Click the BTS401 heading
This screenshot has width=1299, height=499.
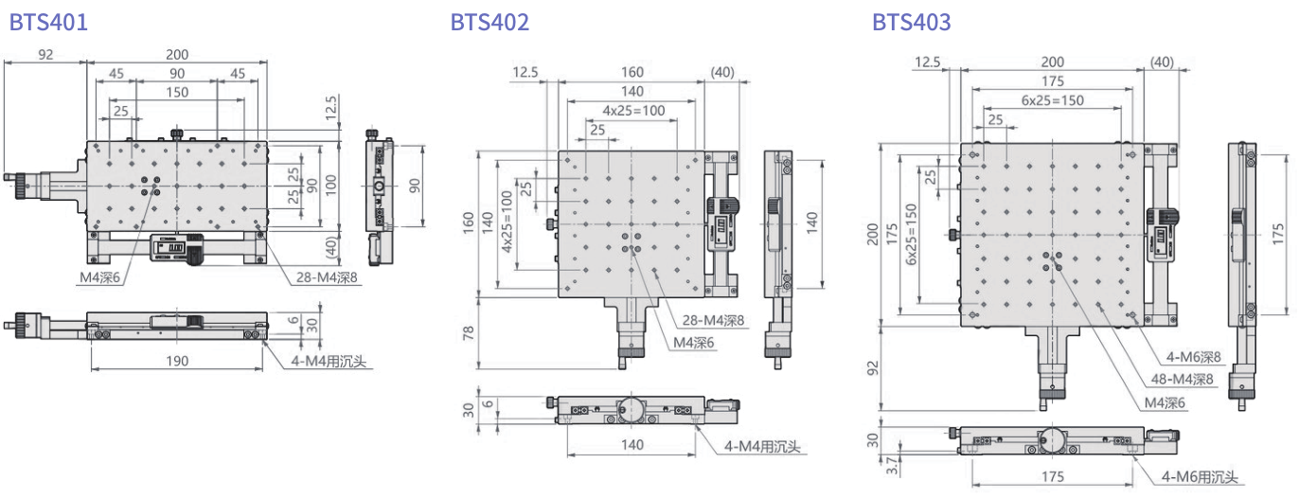48,22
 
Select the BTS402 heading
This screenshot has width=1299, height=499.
489,22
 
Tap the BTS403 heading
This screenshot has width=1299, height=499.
911,22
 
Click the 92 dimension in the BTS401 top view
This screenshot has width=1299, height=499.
45,55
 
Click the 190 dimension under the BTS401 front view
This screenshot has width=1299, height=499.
176,361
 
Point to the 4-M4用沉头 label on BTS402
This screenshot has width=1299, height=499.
763,446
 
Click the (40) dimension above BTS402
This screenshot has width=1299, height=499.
722,73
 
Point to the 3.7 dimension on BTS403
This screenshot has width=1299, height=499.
872,466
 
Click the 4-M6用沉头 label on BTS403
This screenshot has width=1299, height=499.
1200,478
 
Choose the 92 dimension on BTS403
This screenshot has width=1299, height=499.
873,366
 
